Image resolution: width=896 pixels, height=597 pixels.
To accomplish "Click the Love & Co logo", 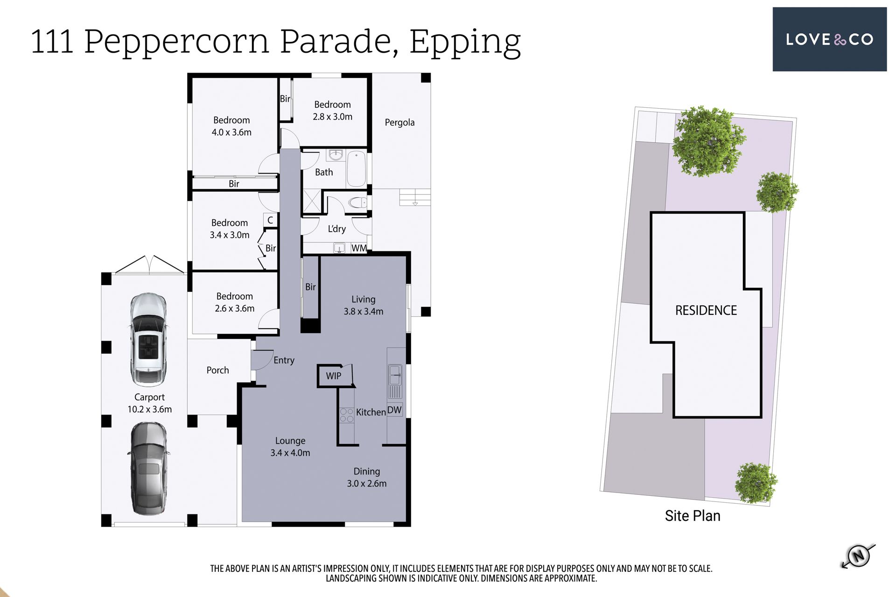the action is pos(829,39).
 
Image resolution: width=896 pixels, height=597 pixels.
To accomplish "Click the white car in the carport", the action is pos(148,340).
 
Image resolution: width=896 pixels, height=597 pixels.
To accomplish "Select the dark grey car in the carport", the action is pos(148,468).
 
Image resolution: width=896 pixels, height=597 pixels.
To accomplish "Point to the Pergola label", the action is pos(399,123).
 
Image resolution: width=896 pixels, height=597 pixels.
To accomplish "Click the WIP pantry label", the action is pos(333,376).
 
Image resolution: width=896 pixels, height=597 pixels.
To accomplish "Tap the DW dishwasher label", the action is pos(394,410).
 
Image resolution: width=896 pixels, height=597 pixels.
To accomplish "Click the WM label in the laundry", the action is pos(359,248).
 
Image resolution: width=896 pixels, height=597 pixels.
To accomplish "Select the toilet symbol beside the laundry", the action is pos(358,202).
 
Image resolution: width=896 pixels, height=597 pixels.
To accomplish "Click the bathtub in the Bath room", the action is pos(357,168).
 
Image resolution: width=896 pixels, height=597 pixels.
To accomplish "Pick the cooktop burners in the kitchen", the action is pos(346,415).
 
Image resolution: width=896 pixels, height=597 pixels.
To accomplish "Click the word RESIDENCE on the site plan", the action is pos(706,311).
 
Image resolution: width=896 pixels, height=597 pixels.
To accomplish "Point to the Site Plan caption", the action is pos(693,516).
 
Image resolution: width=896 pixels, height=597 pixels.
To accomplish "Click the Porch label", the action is pos(217,370).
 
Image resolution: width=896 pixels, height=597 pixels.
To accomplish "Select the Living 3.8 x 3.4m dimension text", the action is pos(364,312).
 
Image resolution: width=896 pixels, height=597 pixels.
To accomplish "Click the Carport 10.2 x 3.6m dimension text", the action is pos(149,410).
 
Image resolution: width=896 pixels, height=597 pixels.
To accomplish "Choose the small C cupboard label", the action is pos(270,220).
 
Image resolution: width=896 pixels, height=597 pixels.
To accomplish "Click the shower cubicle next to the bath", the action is pos(312,201).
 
